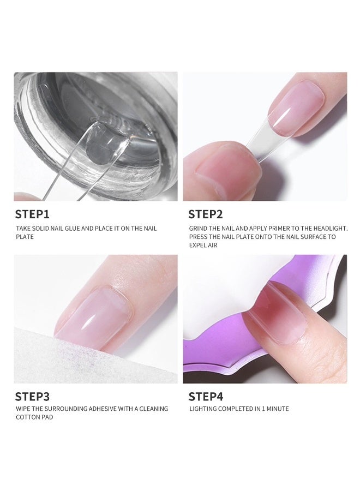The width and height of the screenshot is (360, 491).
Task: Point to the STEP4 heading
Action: point(206,397)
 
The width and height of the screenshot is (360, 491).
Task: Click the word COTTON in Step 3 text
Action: point(26,417)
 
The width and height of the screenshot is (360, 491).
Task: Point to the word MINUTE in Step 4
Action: point(277,409)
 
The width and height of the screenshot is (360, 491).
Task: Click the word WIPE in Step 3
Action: point(22,409)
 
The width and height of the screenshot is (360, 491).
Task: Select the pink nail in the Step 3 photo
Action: point(98,311)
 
